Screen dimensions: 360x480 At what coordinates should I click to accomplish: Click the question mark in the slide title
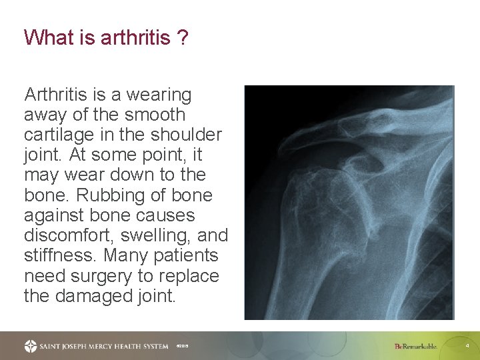(182, 37)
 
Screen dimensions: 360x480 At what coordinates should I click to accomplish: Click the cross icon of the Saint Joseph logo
(31, 346)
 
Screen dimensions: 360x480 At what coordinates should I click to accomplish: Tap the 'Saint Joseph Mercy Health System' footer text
(103, 346)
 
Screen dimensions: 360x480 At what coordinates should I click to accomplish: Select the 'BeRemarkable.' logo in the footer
(415, 346)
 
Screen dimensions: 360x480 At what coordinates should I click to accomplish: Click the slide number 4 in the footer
(467, 346)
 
